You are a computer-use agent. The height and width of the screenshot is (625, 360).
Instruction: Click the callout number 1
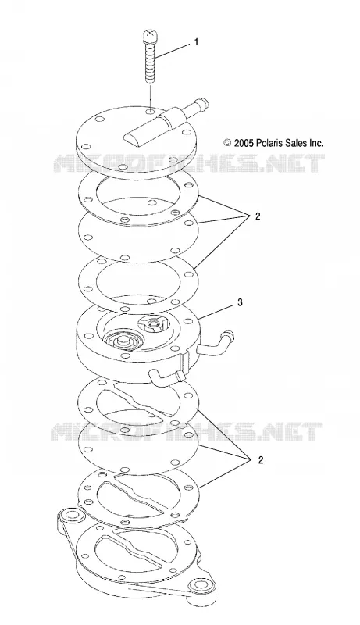[x=195, y=42]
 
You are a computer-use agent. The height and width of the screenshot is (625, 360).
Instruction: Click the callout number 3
[x=240, y=302]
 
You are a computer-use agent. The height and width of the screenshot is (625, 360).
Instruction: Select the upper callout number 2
[x=257, y=216]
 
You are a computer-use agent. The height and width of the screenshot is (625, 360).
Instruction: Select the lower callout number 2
[x=261, y=460]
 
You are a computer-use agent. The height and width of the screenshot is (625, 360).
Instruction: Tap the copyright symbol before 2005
[x=227, y=144]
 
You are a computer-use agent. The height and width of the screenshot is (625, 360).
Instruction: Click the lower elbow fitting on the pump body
[x=166, y=377]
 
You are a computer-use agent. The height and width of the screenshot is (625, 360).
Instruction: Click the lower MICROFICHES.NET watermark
[x=187, y=432]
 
